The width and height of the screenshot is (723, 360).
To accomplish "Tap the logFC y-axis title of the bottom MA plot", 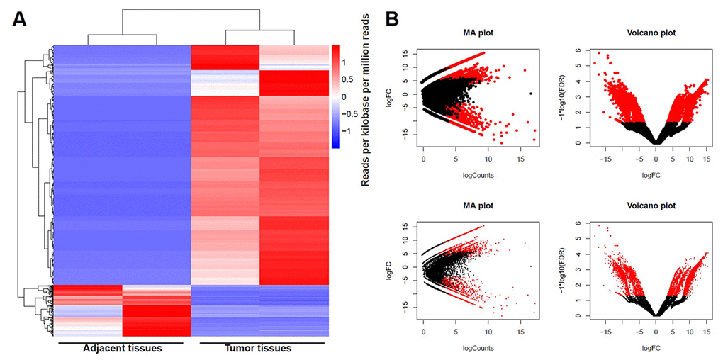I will point(388,270).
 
